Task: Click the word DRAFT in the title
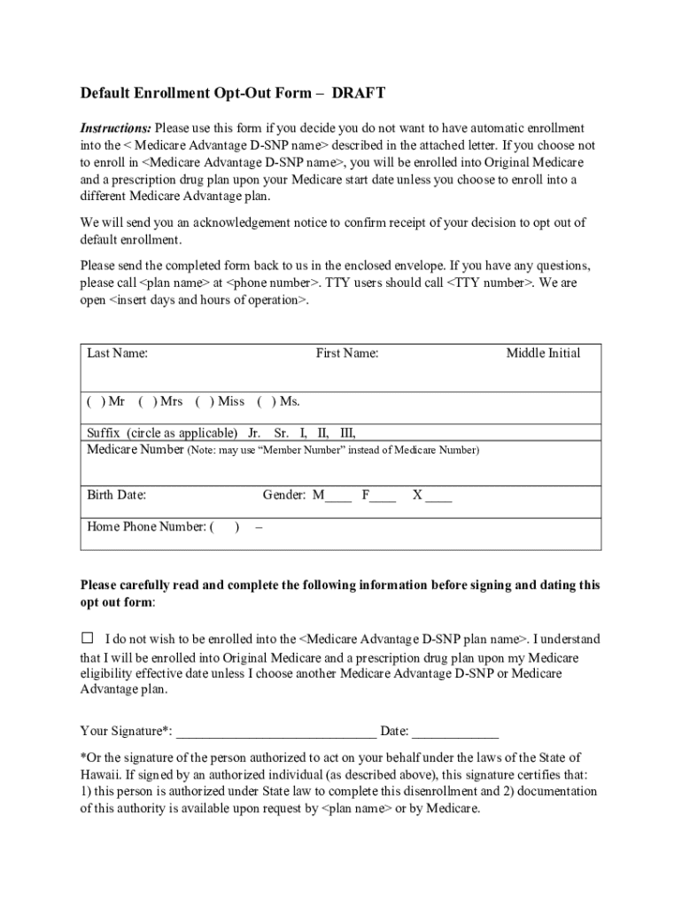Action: pyautogui.click(x=359, y=93)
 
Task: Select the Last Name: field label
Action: pyautogui.click(x=117, y=353)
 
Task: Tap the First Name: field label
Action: pyautogui.click(x=347, y=353)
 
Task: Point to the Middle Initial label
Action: pyautogui.click(x=543, y=353)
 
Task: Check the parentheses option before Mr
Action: pyautogui.click(x=93, y=401)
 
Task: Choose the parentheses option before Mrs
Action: pyautogui.click(x=145, y=401)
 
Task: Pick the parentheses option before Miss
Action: pyautogui.click(x=204, y=401)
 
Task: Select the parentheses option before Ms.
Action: pyautogui.click(x=266, y=401)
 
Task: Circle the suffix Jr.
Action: pyautogui.click(x=254, y=433)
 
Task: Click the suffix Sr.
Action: pyautogui.click(x=282, y=433)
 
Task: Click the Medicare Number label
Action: pyautogui.click(x=136, y=450)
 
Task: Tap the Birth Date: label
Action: pyautogui.click(x=116, y=495)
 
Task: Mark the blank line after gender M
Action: pyautogui.click(x=338, y=498)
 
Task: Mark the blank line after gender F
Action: pyautogui.click(x=384, y=498)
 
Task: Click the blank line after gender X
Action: pyautogui.click(x=438, y=498)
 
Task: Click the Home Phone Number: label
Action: pyautogui.click(x=146, y=527)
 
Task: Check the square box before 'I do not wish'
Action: pyautogui.click(x=87, y=638)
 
